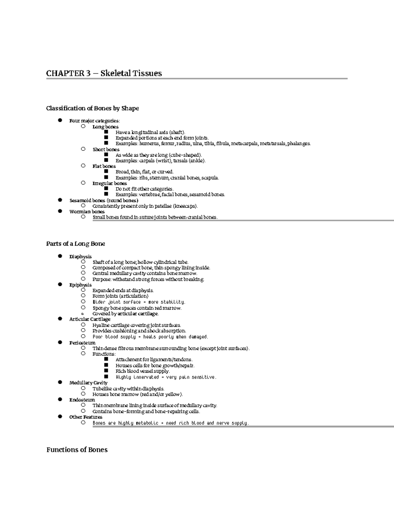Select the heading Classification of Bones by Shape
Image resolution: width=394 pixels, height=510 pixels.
click(92, 108)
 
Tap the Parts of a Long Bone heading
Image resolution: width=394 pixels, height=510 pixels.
click(76, 244)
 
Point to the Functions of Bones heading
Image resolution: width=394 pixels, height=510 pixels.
click(77, 450)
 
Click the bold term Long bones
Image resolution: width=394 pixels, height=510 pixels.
click(105, 127)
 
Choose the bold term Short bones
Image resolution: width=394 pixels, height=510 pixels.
click(106, 149)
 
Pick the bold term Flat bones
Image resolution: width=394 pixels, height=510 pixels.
click(104, 166)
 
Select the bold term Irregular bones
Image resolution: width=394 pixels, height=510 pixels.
click(109, 183)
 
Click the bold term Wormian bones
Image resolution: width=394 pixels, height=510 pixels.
click(87, 212)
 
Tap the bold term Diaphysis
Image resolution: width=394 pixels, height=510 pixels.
click(80, 256)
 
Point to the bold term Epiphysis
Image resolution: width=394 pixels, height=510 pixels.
click(80, 285)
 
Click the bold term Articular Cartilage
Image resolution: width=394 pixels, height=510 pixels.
click(90, 319)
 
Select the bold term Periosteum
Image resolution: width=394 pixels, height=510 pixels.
click(82, 343)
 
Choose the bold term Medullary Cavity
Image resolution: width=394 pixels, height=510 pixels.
click(88, 383)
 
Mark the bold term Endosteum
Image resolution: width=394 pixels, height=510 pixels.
click(82, 400)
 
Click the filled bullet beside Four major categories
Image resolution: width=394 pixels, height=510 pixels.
click(60, 121)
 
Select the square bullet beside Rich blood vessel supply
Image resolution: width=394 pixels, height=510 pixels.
click(106, 371)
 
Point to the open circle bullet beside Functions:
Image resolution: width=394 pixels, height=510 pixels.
click(83, 354)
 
